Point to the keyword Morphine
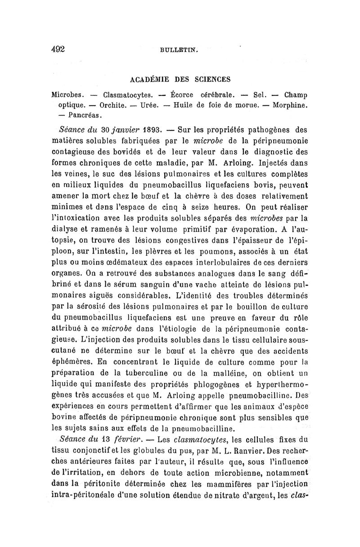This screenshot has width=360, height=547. click(x=290, y=105)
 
